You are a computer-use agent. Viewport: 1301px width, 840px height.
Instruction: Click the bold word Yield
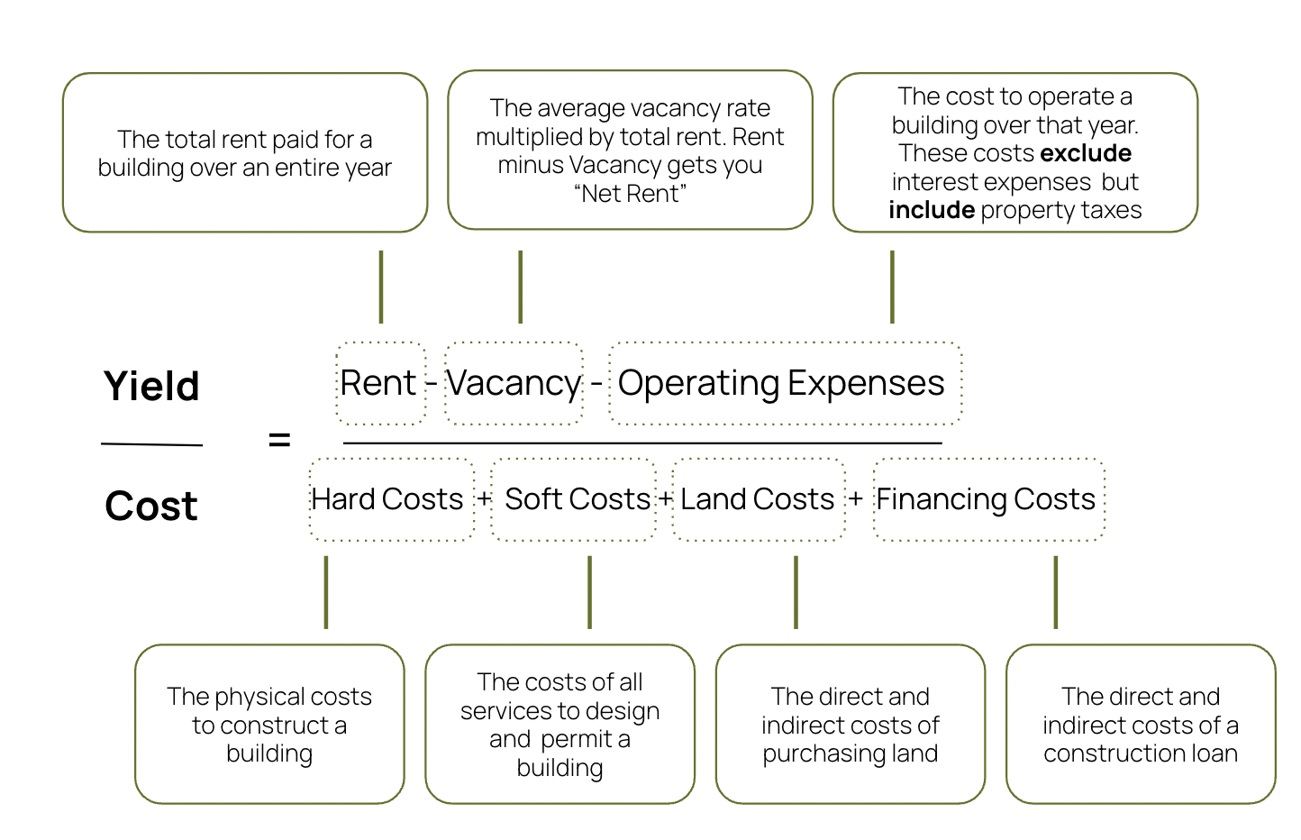point(151,386)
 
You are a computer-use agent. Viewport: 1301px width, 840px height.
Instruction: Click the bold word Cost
point(151,506)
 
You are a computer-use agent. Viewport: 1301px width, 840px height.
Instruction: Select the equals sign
point(279,441)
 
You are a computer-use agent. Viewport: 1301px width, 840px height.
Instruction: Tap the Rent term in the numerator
point(378,383)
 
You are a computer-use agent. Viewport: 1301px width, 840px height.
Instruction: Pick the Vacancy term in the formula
point(514,383)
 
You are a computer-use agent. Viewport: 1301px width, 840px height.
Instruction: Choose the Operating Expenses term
point(781,383)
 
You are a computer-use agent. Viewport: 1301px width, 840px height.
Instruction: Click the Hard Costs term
point(387,499)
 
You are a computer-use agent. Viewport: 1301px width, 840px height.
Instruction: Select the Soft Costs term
point(577,499)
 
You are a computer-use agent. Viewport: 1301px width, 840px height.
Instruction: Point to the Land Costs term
point(757,499)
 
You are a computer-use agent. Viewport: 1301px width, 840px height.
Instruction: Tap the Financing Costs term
point(986,499)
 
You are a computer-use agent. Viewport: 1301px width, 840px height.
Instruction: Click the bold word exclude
point(1086,153)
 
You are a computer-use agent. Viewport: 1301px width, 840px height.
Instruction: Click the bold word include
point(932,210)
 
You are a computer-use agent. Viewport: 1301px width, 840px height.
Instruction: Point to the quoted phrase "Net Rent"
point(631,194)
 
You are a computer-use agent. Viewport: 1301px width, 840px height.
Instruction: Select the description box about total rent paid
point(245,153)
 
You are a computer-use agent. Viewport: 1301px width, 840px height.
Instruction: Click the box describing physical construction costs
point(269,724)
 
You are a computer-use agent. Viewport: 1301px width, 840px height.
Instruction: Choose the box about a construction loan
point(1141,724)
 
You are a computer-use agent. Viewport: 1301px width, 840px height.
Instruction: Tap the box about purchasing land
point(851,724)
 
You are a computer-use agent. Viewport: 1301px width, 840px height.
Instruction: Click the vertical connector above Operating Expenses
point(892,287)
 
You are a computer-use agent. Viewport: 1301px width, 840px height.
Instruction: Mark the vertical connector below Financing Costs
point(1055,592)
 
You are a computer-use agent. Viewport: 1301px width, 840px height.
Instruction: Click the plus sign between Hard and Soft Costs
point(485,498)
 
